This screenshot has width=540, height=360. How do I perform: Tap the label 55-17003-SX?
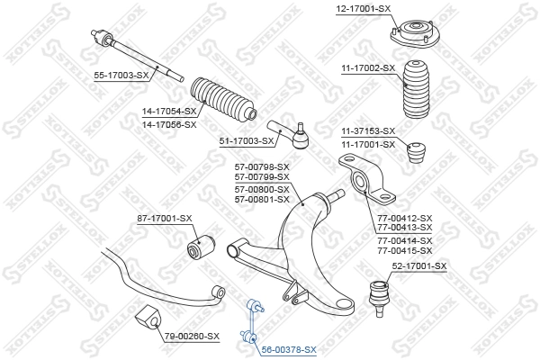click(121, 75)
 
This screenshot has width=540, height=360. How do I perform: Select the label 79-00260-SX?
click(191, 336)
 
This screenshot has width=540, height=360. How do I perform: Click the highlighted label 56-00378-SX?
click(289, 348)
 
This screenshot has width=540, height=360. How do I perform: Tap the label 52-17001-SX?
click(418, 265)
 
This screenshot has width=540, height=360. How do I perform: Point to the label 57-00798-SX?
click(262, 166)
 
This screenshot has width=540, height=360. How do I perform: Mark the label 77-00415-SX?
click(405, 251)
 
